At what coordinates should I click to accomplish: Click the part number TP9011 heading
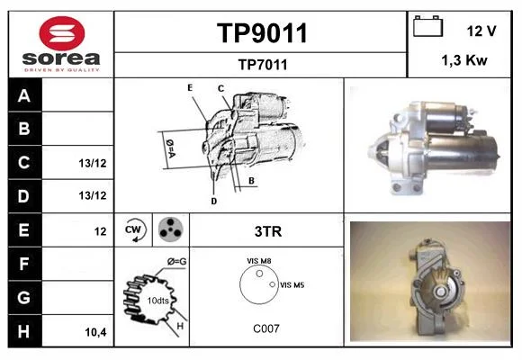point(262,33)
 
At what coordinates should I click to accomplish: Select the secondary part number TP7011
point(263,65)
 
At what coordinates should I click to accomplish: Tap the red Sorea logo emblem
point(62,33)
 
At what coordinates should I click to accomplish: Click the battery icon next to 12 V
point(427,26)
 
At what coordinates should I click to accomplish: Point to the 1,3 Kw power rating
point(464,60)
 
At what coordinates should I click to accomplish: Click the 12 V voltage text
point(481,31)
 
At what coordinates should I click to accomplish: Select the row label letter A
point(24,95)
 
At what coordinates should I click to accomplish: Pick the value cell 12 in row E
point(100,231)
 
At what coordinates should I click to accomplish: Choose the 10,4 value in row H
point(95,332)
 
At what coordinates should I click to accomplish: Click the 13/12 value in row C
point(93,163)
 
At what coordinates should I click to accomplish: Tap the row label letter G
point(23,297)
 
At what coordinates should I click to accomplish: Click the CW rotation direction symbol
point(135,229)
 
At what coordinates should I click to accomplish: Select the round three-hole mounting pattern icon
point(170,229)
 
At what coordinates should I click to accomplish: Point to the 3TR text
point(268,231)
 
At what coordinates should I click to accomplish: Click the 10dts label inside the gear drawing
point(157,301)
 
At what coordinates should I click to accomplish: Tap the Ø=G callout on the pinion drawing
point(176,262)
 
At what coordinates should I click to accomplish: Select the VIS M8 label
point(258,261)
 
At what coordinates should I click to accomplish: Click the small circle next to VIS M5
point(273,284)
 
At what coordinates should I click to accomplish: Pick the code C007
point(266,328)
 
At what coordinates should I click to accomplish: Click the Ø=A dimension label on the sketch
point(170,148)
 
